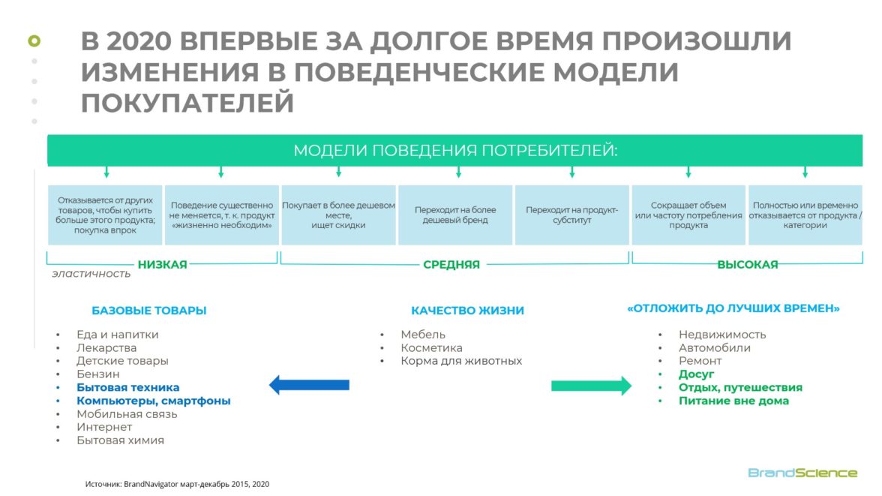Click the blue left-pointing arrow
click(309, 385)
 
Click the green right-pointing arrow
click(591, 386)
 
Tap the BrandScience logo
click(802, 473)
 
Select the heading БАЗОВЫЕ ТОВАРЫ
click(148, 311)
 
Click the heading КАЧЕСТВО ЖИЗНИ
click(467, 311)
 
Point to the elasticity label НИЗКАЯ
click(162, 264)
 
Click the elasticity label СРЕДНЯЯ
click(451, 264)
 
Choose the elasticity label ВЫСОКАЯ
click(747, 264)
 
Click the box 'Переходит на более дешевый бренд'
click(456, 215)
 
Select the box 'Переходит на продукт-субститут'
click(571, 215)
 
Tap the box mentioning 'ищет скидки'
click(338, 215)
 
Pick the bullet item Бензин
click(97, 374)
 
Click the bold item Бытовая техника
click(128, 387)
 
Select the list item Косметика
click(431, 348)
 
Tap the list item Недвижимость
click(722, 335)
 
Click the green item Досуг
click(697, 374)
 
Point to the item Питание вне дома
click(733, 401)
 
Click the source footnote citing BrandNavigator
click(177, 484)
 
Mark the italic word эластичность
click(91, 274)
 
